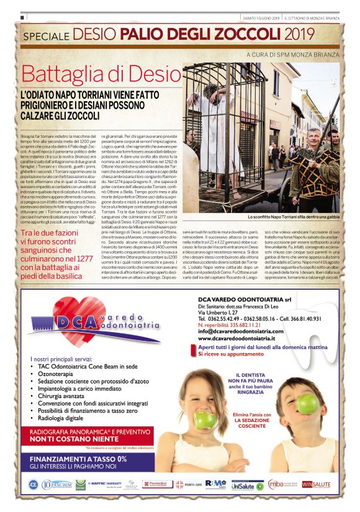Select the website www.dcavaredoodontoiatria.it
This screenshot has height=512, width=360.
pyautogui.click(x=236, y=338)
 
